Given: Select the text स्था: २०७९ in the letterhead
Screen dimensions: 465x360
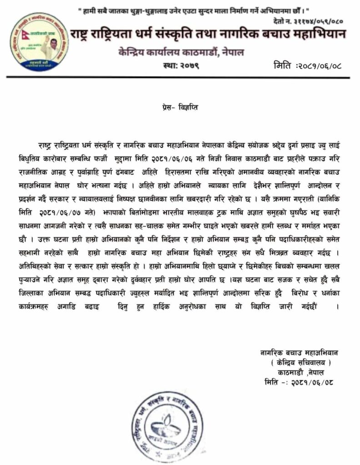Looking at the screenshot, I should [x=180, y=67].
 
